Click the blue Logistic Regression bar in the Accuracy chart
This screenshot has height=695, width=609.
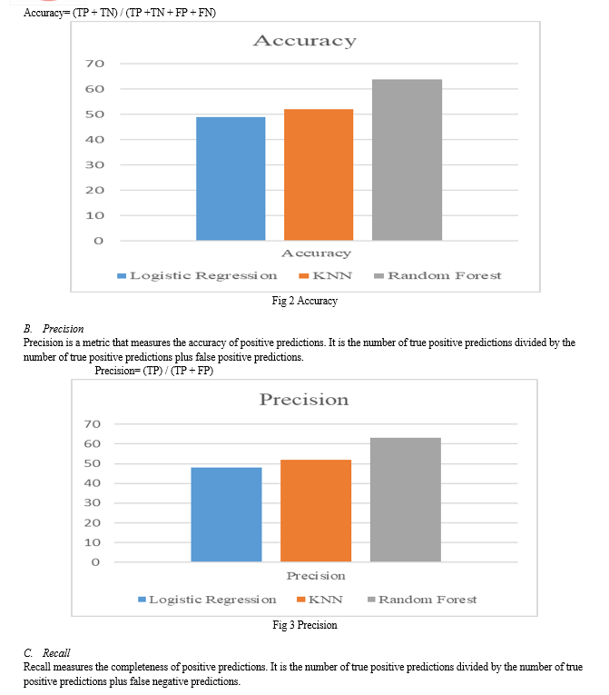231,179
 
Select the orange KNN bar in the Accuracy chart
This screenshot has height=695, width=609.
319,174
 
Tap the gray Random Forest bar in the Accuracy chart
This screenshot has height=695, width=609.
407,160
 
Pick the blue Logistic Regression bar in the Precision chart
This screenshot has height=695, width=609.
226,514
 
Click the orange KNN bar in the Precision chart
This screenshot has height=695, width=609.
316,511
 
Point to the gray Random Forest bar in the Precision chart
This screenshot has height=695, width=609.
406,500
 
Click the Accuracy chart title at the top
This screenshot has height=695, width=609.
305,41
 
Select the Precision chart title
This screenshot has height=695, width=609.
304,400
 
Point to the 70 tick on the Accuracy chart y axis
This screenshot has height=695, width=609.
94,64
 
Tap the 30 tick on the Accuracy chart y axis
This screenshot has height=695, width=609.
94,164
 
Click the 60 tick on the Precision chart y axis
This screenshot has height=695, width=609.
93,443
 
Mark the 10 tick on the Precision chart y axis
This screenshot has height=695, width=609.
93,542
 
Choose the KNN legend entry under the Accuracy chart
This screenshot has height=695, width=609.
326,275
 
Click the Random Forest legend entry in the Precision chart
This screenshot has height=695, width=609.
423,600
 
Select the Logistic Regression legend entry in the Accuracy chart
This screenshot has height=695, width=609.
197,275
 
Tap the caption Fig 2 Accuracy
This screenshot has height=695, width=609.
305,301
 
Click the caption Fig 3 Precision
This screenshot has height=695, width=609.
305,625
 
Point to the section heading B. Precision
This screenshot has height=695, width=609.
54,329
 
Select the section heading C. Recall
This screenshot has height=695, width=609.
47,653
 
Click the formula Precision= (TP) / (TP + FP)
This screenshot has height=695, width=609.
154,371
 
